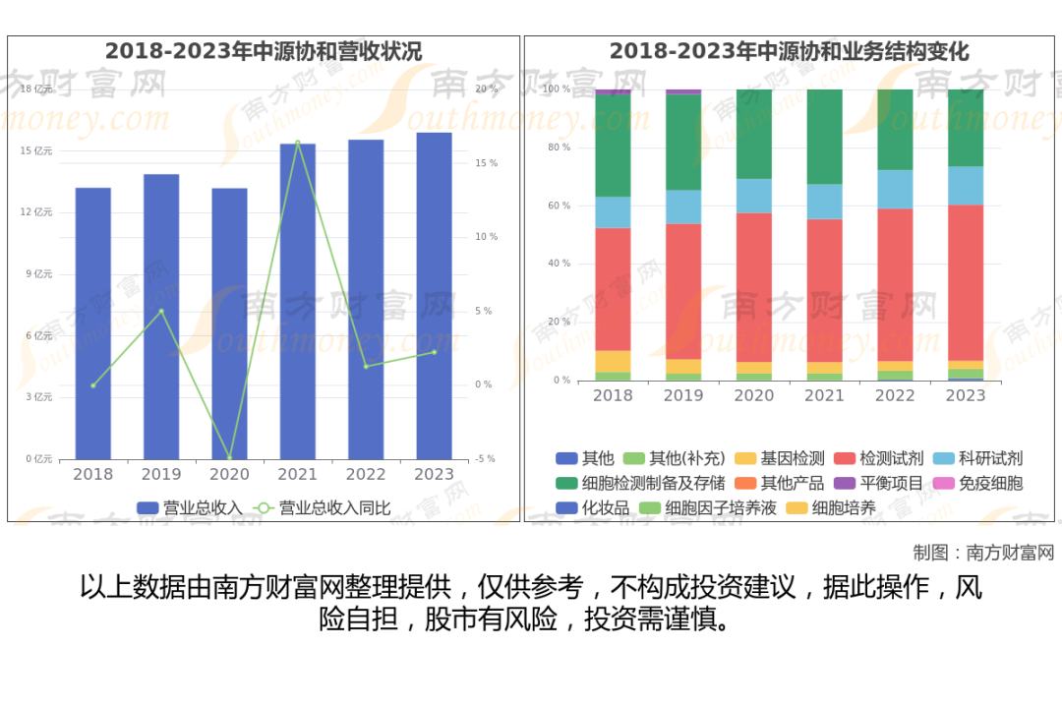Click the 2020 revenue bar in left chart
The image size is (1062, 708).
pyautogui.click(x=229, y=324)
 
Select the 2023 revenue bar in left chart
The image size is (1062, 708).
pyautogui.click(x=434, y=295)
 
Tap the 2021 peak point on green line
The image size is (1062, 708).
pyautogui.click(x=298, y=143)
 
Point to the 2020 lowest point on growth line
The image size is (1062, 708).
pyautogui.click(x=229, y=457)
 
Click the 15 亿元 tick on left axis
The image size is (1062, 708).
pyautogui.click(x=36, y=151)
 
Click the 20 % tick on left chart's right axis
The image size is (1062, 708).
pyautogui.click(x=486, y=88)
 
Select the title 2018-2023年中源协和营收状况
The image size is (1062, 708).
pyautogui.click(x=264, y=51)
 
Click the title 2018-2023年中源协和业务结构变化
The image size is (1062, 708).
pyautogui.click(x=789, y=51)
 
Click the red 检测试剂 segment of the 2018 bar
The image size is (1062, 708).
pyautogui.click(x=613, y=290)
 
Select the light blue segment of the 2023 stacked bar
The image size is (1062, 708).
pyautogui.click(x=965, y=185)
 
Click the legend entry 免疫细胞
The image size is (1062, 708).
pyautogui.click(x=990, y=483)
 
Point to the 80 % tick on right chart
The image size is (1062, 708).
pyautogui.click(x=559, y=147)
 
